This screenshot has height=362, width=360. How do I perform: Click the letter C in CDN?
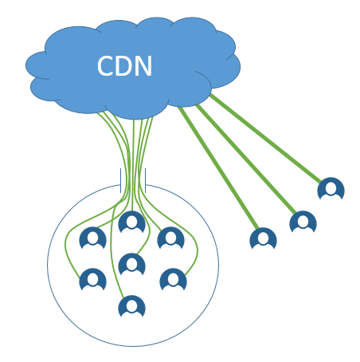pyautogui.click(x=105, y=66)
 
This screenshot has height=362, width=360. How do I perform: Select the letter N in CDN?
pyautogui.click(x=143, y=66)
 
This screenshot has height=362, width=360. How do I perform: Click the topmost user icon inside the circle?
pyautogui.click(x=131, y=222)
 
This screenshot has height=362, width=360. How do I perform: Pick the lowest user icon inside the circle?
pyautogui.click(x=131, y=306)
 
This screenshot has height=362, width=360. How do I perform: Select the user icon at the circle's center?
pyautogui.click(x=131, y=264)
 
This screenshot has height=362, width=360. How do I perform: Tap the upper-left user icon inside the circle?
pyautogui.click(x=92, y=238)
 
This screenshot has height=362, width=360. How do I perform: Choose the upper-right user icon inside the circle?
pyautogui.click(x=170, y=238)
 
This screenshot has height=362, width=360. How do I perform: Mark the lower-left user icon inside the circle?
pyautogui.click(x=92, y=279)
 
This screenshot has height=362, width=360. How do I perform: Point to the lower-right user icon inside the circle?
pyautogui.click(x=173, y=279)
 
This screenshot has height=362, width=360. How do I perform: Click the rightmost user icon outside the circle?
pyautogui.click(x=331, y=188)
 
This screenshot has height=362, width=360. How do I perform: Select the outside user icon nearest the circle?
pyautogui.click(x=263, y=238)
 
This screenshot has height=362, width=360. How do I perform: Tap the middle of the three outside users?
pyautogui.click(x=303, y=222)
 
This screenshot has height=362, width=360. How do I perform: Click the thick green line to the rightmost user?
pyautogui.click(x=265, y=138)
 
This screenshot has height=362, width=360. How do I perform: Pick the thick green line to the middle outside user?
pyautogui.click(x=246, y=159)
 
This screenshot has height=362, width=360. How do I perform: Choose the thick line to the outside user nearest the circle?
pyautogui.click(x=218, y=167)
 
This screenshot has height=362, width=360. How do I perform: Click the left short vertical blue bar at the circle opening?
pyautogui.click(x=121, y=180)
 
